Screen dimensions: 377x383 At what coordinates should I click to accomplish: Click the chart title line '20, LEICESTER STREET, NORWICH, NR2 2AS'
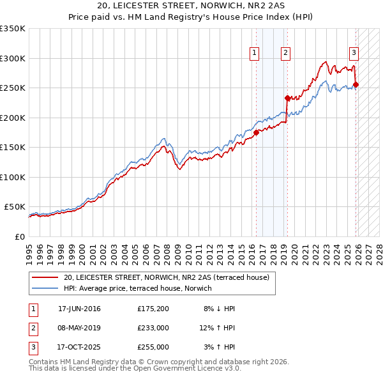pyautogui.click(x=191, y=5)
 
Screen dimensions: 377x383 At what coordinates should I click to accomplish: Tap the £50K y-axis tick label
pyautogui.click(x=14, y=207)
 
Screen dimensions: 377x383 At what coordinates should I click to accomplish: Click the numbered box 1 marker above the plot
pyautogui.click(x=255, y=53)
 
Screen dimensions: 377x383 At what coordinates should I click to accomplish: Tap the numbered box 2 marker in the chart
pyautogui.click(x=285, y=53)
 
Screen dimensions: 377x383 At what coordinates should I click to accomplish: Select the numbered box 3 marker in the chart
pyautogui.click(x=354, y=53)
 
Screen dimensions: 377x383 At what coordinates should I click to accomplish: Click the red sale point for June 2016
pyautogui.click(x=257, y=132)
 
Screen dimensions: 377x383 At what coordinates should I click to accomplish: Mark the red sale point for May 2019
pyautogui.click(x=287, y=98)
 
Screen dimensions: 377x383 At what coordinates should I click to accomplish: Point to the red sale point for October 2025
pyautogui.click(x=356, y=84)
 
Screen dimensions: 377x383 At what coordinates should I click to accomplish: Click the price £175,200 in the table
pyautogui.click(x=153, y=309)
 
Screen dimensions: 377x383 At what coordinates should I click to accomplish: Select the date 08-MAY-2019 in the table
pyautogui.click(x=79, y=328)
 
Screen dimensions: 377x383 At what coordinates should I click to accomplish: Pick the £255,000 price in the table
pyautogui.click(x=153, y=347)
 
